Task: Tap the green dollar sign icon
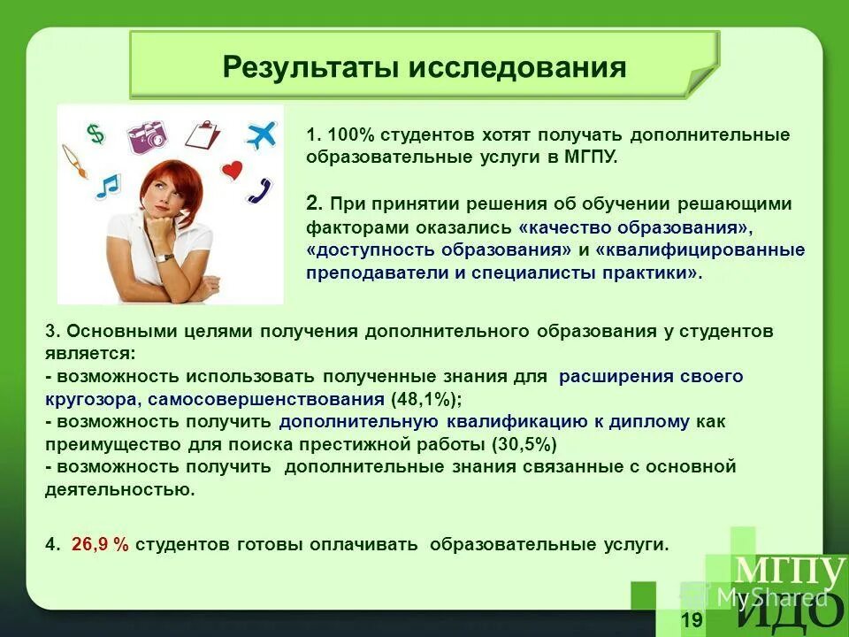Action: click(x=96, y=134)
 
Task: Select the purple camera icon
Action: click(x=147, y=135)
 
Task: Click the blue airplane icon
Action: click(x=261, y=134)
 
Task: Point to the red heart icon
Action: click(x=232, y=170)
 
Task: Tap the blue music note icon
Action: click(x=108, y=186)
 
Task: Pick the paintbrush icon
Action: click(x=76, y=163)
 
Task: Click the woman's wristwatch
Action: click(x=164, y=257)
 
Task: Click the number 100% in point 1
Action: click(x=351, y=135)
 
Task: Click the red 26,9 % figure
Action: click(x=100, y=545)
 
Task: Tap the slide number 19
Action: click(x=692, y=619)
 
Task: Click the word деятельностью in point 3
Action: click(x=120, y=488)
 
